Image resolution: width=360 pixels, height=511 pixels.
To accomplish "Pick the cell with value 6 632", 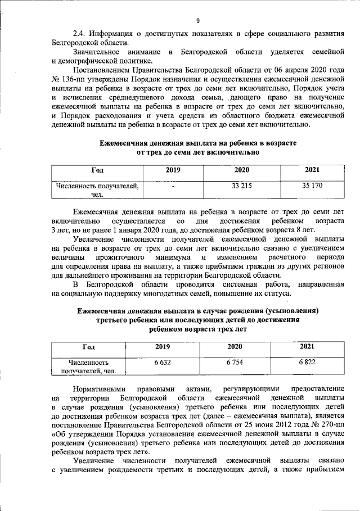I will tap(163, 363).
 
